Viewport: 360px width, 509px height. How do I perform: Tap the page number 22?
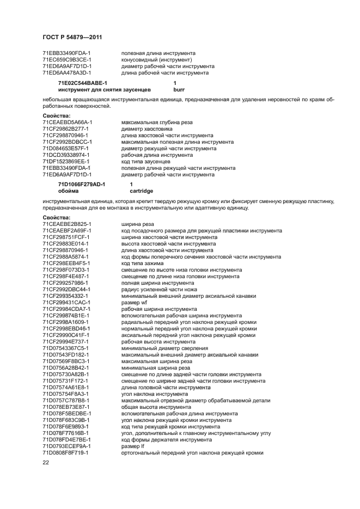point(46,463)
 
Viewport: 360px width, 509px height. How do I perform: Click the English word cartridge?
point(141,191)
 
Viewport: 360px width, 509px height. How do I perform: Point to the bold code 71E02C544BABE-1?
point(83,82)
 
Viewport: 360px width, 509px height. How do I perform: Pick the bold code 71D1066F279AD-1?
point(82,185)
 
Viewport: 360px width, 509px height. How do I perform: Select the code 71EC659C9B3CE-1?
point(66,59)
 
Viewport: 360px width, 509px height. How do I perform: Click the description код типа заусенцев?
point(145,162)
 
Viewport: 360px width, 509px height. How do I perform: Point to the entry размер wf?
point(134,302)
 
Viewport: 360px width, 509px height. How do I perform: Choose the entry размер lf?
point(133,446)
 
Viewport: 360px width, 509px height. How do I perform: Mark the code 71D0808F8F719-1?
point(66,452)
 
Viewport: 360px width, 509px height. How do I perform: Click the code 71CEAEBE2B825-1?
point(66,224)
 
